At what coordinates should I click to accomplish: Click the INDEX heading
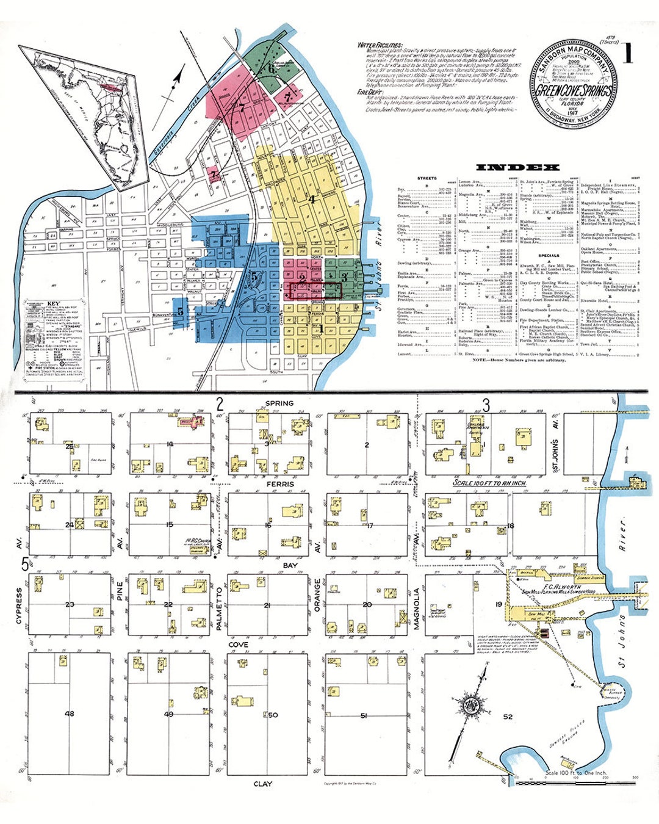coord(517,167)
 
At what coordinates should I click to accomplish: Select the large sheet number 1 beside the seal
coord(627,54)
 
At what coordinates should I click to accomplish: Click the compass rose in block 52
coord(471,707)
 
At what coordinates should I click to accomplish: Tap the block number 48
coord(70,714)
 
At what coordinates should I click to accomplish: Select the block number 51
coord(364,715)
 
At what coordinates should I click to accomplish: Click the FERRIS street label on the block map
coord(280,484)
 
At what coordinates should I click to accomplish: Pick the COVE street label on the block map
coord(238,645)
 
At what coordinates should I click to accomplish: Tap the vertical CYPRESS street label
coord(19,607)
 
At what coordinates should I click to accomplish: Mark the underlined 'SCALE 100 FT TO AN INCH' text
coord(489,483)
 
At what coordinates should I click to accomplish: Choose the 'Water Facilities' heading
coord(380,45)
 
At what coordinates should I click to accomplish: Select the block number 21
coord(267,605)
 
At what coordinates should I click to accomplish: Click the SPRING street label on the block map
coord(279,403)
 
